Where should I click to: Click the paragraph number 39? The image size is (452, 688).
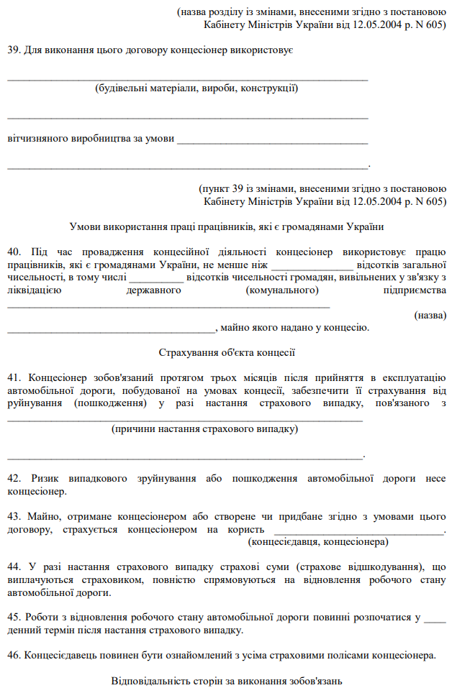pos(13,50)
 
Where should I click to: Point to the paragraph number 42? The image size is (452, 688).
pos(14,479)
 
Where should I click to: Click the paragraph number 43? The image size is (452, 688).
pos(14,517)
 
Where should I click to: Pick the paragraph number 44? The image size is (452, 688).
pos(14,568)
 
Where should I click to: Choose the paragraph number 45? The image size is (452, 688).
pos(14,618)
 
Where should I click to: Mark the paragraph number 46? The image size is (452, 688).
pos(14,656)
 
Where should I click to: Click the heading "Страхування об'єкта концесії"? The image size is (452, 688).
pos(226,352)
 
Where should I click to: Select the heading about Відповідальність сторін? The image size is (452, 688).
pos(226,681)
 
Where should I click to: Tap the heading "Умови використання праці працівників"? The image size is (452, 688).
pos(226,226)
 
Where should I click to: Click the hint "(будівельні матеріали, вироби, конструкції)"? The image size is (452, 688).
pos(196,88)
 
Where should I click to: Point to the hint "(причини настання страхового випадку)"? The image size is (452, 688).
pos(204,429)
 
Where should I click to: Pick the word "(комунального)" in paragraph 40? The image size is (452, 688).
pos(282,290)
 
